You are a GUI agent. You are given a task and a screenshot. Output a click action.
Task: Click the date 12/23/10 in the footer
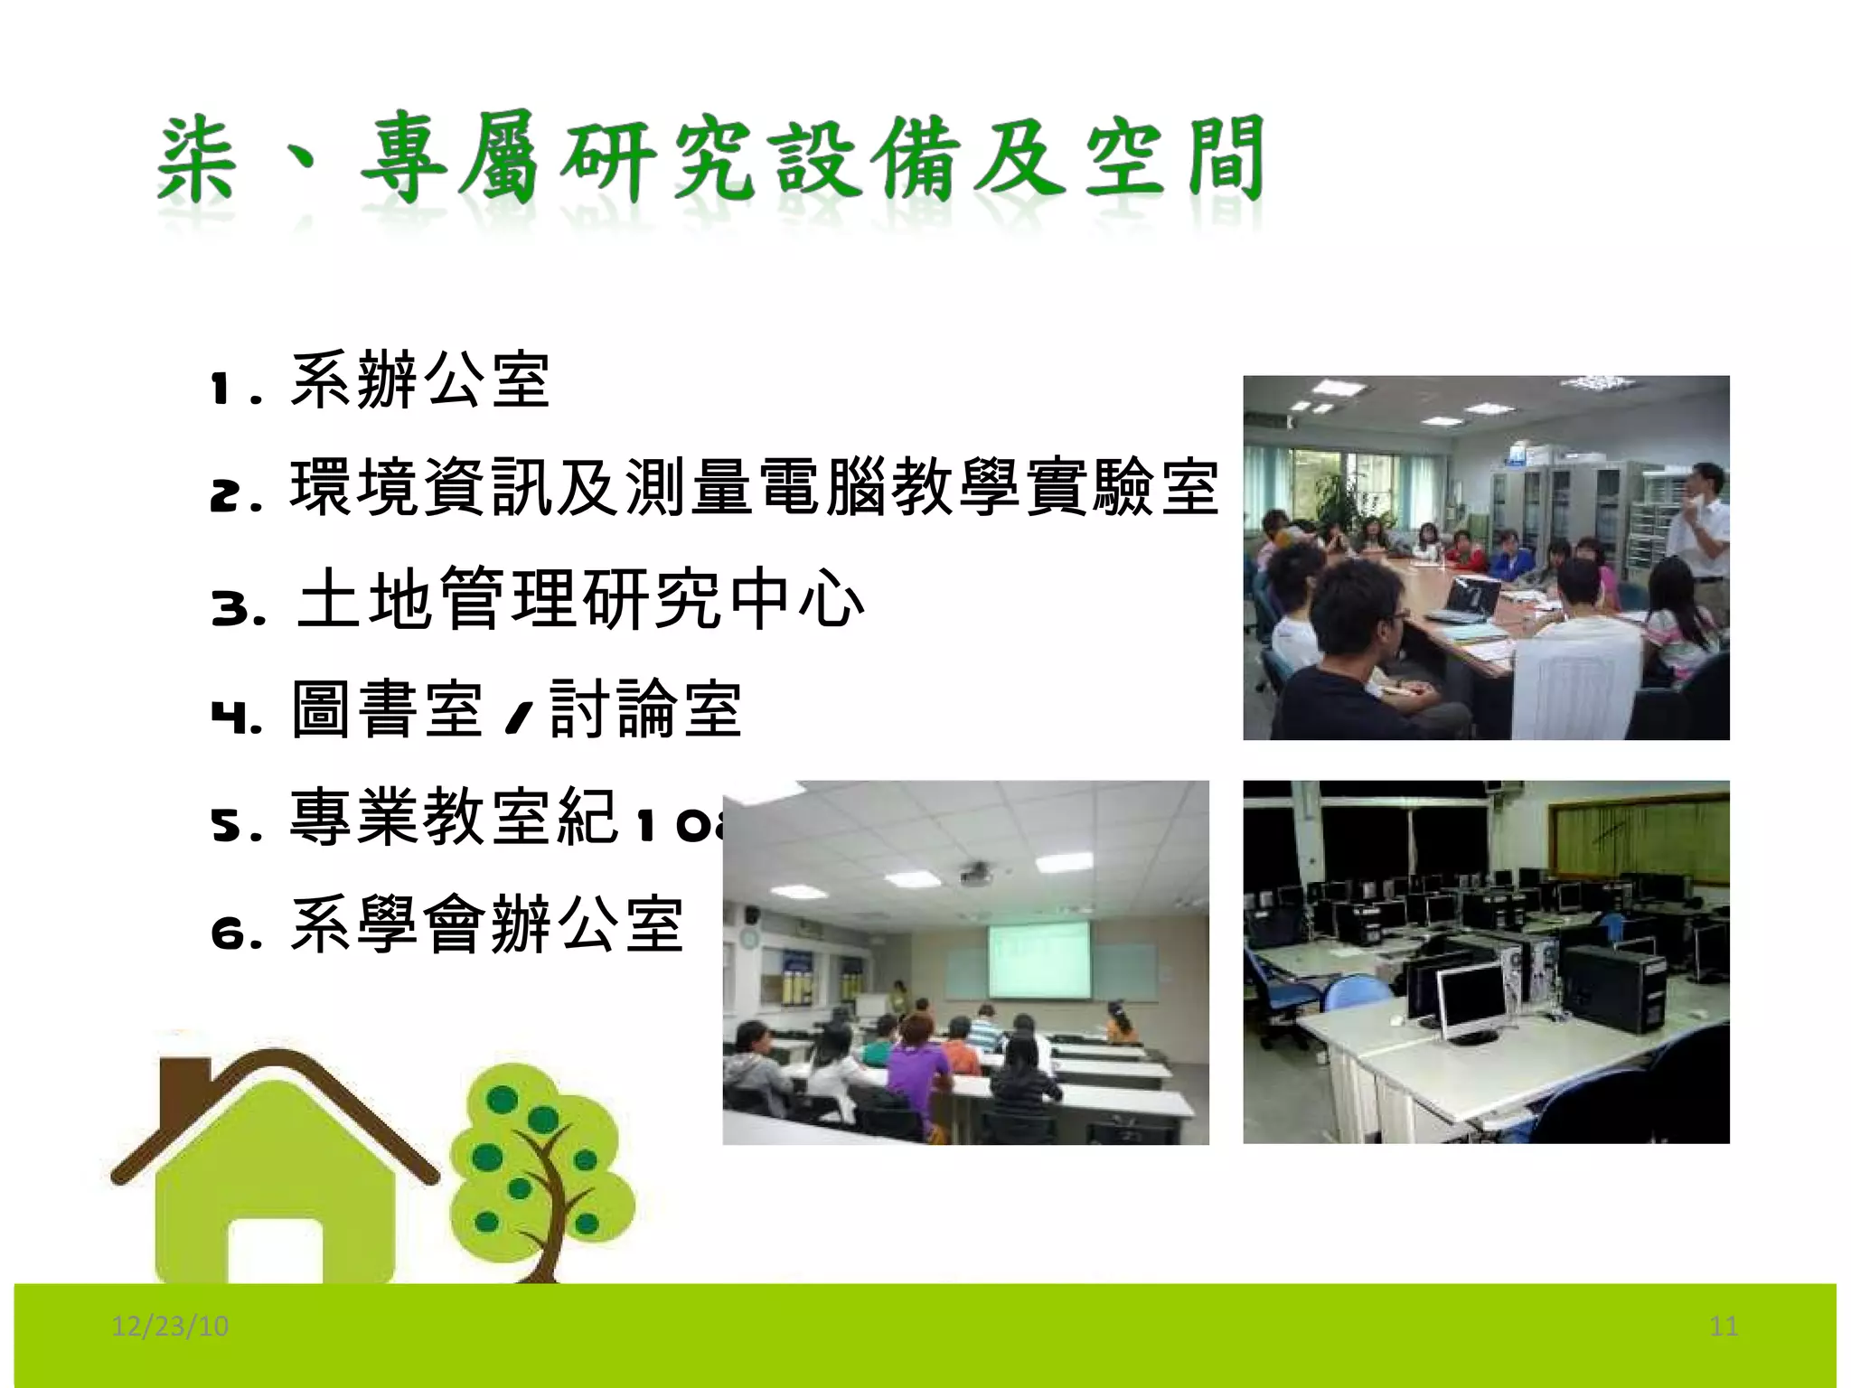pos(170,1326)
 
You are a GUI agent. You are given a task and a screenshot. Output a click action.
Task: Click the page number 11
pos(1724,1326)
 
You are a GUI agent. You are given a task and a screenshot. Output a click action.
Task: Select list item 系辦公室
pos(420,380)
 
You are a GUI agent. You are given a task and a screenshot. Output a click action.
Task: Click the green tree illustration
pos(540,1166)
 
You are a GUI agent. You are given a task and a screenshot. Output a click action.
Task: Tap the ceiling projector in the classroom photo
pos(975,874)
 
